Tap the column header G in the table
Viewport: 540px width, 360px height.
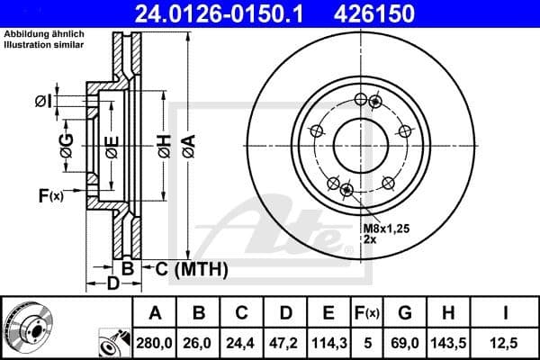point(406,313)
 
